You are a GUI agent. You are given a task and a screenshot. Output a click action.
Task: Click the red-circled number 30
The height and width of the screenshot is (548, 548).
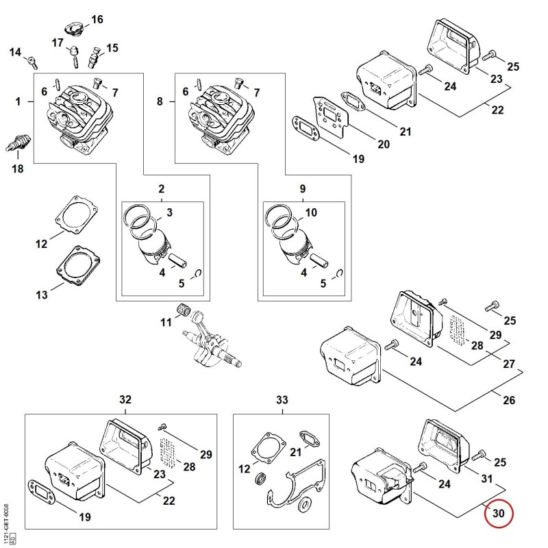click(499, 513)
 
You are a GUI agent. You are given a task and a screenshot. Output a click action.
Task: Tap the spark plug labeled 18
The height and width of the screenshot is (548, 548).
click(18, 143)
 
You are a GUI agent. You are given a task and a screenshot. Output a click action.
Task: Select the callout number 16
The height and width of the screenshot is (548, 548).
click(97, 19)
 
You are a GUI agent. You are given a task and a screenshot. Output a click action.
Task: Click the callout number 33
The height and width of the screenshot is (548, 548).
click(282, 399)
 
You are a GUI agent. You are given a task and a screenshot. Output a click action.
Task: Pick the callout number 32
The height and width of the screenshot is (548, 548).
click(125, 399)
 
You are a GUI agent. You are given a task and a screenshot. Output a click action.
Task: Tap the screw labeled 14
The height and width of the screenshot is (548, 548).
click(32, 62)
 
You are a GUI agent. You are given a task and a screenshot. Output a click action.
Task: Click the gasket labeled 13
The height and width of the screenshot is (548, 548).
click(78, 266)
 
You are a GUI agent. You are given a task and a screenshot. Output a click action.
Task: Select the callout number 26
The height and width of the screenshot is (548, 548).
click(509, 400)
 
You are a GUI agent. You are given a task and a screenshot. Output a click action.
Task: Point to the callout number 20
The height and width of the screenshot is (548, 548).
click(384, 144)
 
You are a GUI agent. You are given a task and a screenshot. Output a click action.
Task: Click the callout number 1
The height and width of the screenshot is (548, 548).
click(18, 101)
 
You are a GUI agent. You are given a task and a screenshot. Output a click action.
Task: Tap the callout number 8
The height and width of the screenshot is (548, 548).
click(160, 101)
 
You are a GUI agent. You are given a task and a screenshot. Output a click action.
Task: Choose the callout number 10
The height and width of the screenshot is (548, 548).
click(311, 212)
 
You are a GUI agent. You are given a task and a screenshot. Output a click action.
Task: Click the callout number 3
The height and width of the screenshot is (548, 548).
click(169, 212)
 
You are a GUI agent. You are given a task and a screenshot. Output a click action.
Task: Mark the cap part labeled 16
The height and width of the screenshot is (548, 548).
click(74, 28)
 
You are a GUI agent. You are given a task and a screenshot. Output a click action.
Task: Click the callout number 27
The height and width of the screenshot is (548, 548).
click(509, 364)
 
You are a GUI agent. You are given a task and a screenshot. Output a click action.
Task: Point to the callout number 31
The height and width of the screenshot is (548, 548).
click(487, 478)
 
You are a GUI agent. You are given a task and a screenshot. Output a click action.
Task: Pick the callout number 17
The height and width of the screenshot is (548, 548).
click(58, 42)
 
